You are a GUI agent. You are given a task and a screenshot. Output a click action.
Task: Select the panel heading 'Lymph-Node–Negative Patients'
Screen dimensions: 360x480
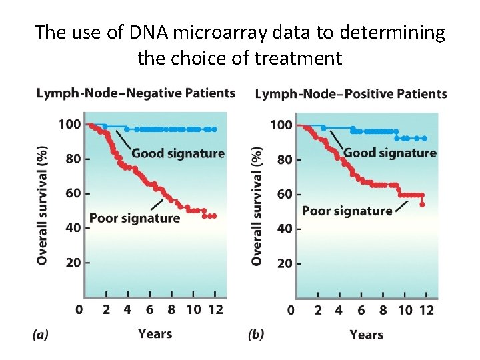click(135, 93)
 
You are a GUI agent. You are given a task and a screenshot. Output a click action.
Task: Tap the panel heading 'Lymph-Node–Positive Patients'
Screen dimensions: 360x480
click(351, 93)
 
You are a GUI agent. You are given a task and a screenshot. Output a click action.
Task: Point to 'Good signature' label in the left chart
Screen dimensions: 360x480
click(177, 153)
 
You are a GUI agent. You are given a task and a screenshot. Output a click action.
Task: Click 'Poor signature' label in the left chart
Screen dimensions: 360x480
click(134, 218)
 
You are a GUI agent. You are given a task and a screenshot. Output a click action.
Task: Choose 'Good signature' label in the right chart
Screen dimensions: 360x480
click(389, 153)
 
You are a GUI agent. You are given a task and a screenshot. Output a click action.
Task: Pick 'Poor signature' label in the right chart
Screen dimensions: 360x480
click(347, 211)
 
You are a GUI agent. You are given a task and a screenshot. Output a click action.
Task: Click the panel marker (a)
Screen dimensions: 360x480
click(40, 335)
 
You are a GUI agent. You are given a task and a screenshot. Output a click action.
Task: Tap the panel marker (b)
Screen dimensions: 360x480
click(256, 335)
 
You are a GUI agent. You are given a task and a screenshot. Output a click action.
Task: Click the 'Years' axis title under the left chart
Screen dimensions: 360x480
click(155, 333)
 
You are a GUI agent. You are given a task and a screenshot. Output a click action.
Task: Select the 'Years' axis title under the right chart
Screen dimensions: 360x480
click(366, 334)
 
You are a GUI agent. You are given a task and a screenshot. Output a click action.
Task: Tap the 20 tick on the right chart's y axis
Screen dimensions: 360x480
click(284, 263)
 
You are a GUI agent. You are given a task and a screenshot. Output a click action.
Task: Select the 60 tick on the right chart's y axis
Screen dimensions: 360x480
click(284, 194)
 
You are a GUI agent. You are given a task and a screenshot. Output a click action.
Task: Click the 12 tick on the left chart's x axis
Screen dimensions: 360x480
click(215, 310)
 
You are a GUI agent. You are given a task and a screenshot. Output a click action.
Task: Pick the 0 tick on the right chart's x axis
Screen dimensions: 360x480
click(291, 311)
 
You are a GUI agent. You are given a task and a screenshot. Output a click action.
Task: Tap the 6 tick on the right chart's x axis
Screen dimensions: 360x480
click(361, 311)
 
